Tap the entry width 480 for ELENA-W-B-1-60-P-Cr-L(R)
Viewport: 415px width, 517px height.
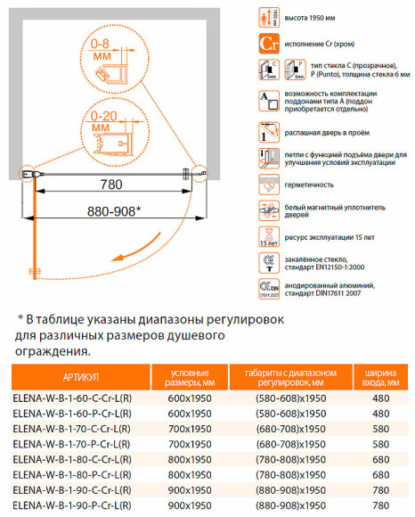(x=380, y=415)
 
